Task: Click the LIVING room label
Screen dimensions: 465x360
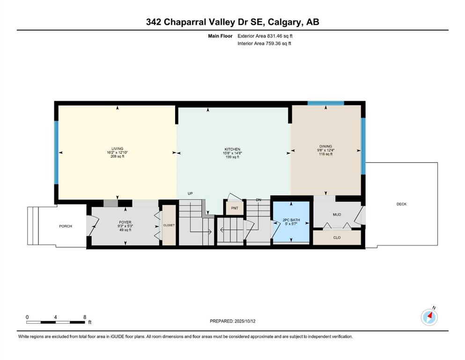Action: pyautogui.click(x=117, y=149)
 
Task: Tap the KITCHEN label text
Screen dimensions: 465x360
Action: pyautogui.click(x=232, y=149)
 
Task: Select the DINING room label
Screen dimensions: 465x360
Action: pyautogui.click(x=325, y=146)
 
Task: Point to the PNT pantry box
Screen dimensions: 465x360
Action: pyautogui.click(x=235, y=208)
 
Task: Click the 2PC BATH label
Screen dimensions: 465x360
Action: pyautogui.click(x=291, y=220)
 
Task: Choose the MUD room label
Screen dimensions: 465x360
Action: pyautogui.click(x=337, y=215)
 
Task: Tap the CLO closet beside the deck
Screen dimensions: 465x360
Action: pyautogui.click(x=337, y=238)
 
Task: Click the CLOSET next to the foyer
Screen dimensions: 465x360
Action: pyautogui.click(x=169, y=225)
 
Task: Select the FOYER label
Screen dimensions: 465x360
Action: pyautogui.click(x=125, y=222)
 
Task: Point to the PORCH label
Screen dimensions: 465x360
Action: pyautogui.click(x=66, y=226)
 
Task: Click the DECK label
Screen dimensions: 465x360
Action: pyautogui.click(x=401, y=204)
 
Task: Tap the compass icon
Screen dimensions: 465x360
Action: pyautogui.click(x=429, y=317)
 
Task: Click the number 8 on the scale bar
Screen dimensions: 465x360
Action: pyautogui.click(x=85, y=317)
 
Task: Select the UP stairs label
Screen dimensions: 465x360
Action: pyautogui.click(x=190, y=194)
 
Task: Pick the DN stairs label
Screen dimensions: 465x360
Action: pyautogui.click(x=258, y=200)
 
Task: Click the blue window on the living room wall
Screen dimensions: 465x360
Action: pyautogui.click(x=56, y=152)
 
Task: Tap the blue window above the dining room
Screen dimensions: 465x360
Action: pyautogui.click(x=325, y=103)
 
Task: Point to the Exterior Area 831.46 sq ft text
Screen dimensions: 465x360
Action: pyautogui.click(x=265, y=36)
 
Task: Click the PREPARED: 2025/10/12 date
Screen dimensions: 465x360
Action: pyautogui.click(x=232, y=321)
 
